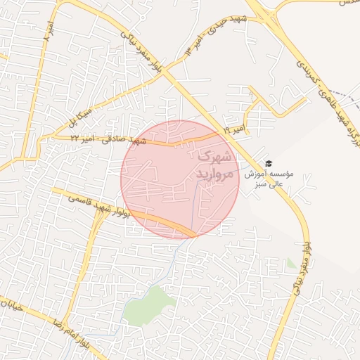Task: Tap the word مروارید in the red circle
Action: coord(210,174)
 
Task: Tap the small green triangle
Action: coord(291,264)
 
